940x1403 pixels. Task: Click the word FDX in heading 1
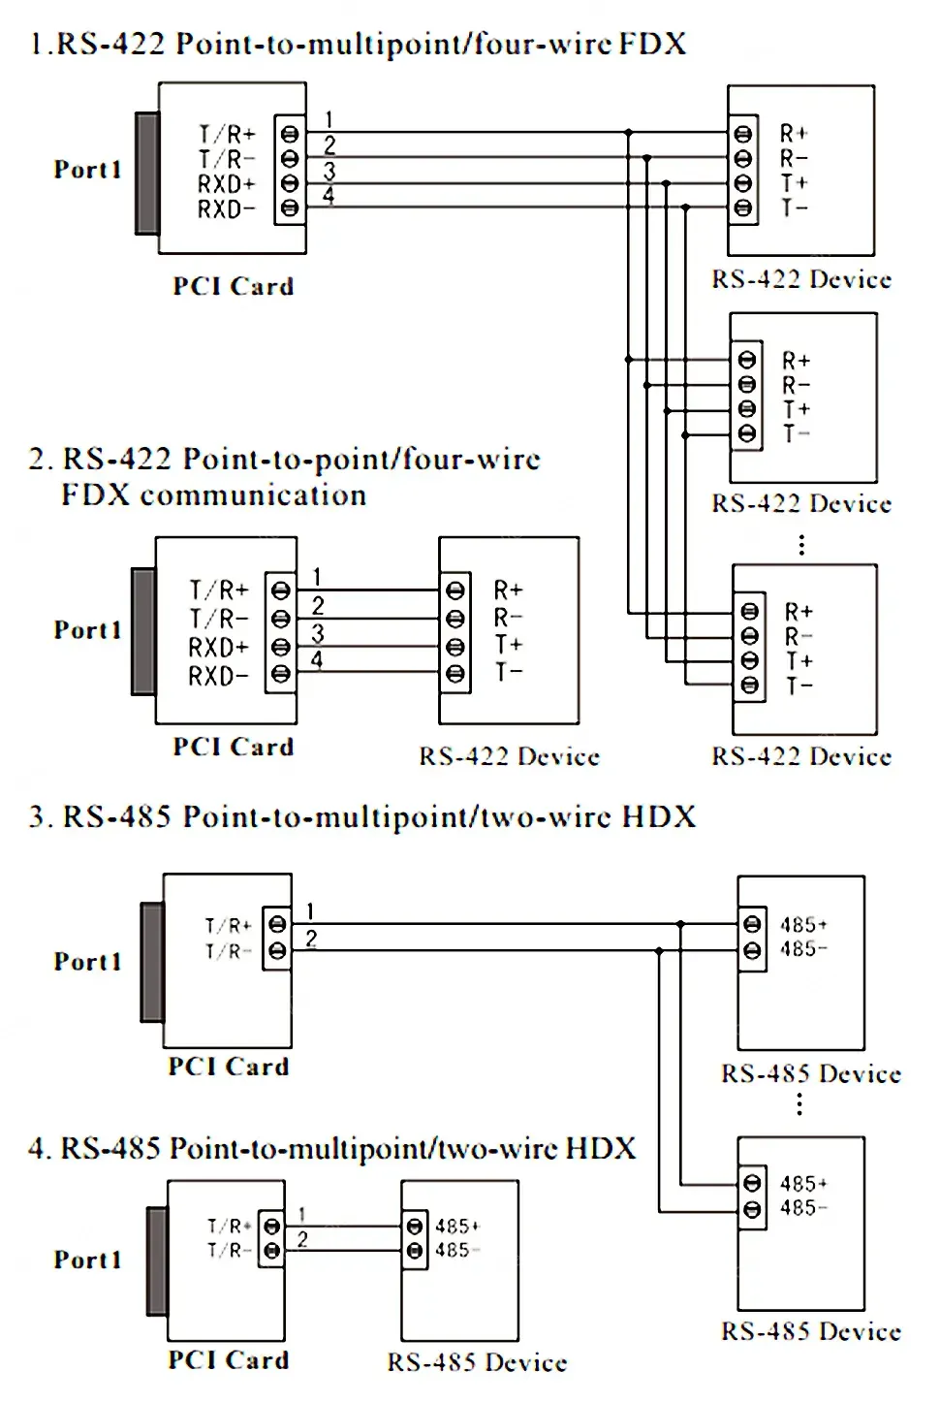pyautogui.click(x=653, y=44)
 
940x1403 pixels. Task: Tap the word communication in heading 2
pyautogui.click(x=254, y=495)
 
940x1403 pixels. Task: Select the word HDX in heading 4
pyautogui.click(x=601, y=1148)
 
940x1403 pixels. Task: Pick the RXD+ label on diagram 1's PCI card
pyautogui.click(x=227, y=184)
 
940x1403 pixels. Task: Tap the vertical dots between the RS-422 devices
pyautogui.click(x=801, y=545)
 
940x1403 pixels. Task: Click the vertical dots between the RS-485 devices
pyautogui.click(x=799, y=1104)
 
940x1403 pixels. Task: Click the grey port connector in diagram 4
pyautogui.click(x=157, y=1261)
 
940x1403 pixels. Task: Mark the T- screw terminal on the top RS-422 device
pyautogui.click(x=743, y=207)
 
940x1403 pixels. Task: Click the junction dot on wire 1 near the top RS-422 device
pyautogui.click(x=628, y=132)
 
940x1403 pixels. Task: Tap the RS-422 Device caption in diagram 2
pyautogui.click(x=510, y=756)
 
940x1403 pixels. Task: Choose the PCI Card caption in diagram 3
pyautogui.click(x=229, y=1066)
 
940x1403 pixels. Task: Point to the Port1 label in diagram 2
pyautogui.click(x=87, y=629)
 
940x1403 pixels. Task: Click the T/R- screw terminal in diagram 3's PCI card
pyautogui.click(x=277, y=951)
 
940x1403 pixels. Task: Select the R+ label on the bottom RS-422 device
pyautogui.click(x=799, y=611)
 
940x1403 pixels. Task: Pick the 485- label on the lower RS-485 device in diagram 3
pyautogui.click(x=804, y=1207)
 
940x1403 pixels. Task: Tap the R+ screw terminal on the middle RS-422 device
pyautogui.click(x=746, y=360)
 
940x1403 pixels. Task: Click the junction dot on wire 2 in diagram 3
pyautogui.click(x=658, y=951)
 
